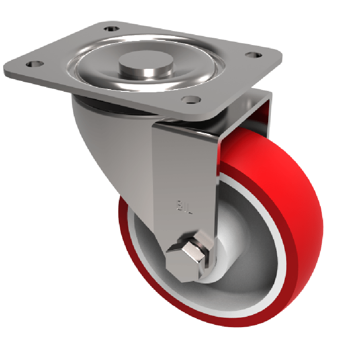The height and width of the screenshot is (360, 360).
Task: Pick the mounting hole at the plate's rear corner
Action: point(108,29)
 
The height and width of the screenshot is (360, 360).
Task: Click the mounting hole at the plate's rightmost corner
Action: point(253,55)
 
